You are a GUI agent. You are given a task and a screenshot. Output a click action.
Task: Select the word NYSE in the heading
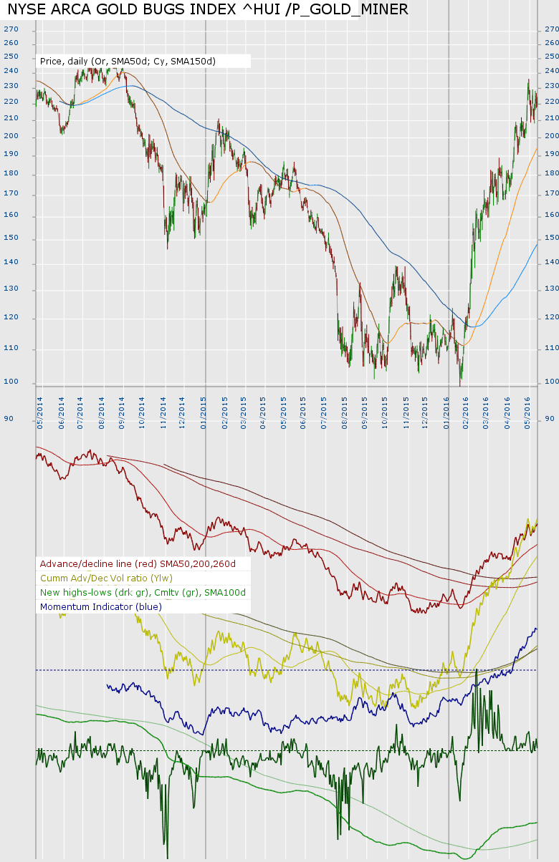tap(26, 9)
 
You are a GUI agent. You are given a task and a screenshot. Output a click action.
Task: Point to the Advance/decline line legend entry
tap(138, 563)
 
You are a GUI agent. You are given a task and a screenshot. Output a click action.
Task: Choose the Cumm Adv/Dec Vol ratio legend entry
tap(106, 578)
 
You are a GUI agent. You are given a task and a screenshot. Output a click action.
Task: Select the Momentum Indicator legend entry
tap(101, 606)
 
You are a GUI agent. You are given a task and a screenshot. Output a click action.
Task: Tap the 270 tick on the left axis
tap(11, 29)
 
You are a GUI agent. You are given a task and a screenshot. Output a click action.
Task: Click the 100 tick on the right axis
tap(551, 382)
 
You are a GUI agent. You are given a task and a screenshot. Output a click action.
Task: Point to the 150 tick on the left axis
tap(11, 238)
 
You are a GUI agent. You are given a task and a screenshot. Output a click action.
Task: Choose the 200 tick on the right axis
tap(551, 136)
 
